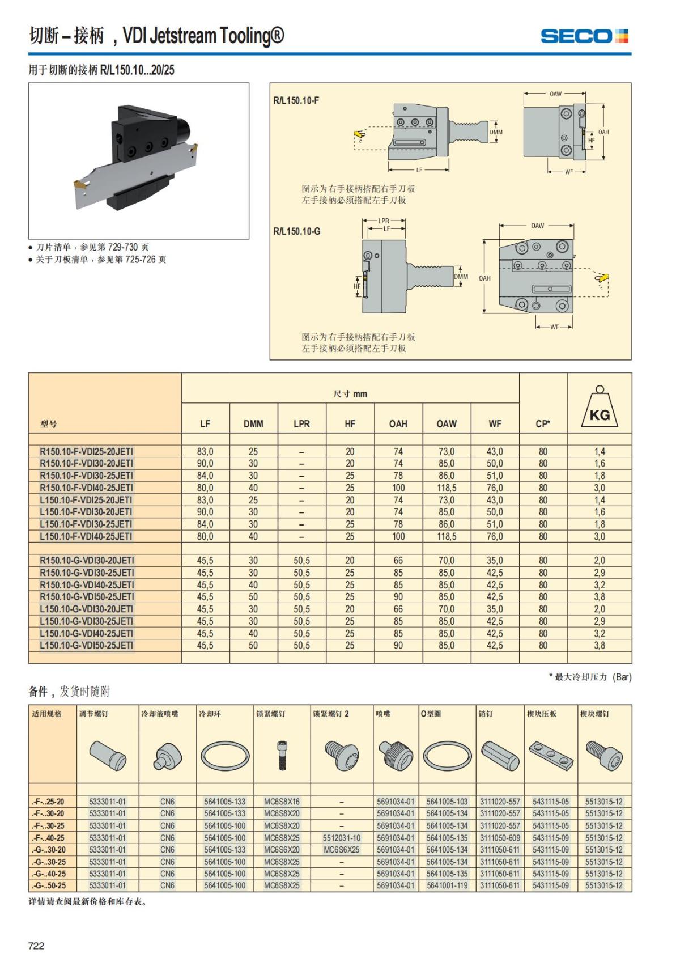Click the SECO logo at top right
[x=584, y=36]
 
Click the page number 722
[x=36, y=946]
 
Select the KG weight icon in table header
[x=600, y=408]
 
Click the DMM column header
[x=253, y=423]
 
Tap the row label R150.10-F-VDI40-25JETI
[x=86, y=488]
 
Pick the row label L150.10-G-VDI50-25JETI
[x=86, y=645]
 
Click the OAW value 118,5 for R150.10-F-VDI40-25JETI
[x=447, y=488]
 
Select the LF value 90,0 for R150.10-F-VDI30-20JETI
[x=205, y=464]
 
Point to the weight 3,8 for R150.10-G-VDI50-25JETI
[x=600, y=597]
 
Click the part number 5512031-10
[x=341, y=838]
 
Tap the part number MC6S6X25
[x=341, y=850]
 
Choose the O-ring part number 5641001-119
[x=447, y=885]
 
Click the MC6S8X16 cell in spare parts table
[x=282, y=802]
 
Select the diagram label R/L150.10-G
[x=296, y=231]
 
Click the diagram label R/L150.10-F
[x=296, y=100]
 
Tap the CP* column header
[x=543, y=423]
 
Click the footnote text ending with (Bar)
[x=590, y=677]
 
